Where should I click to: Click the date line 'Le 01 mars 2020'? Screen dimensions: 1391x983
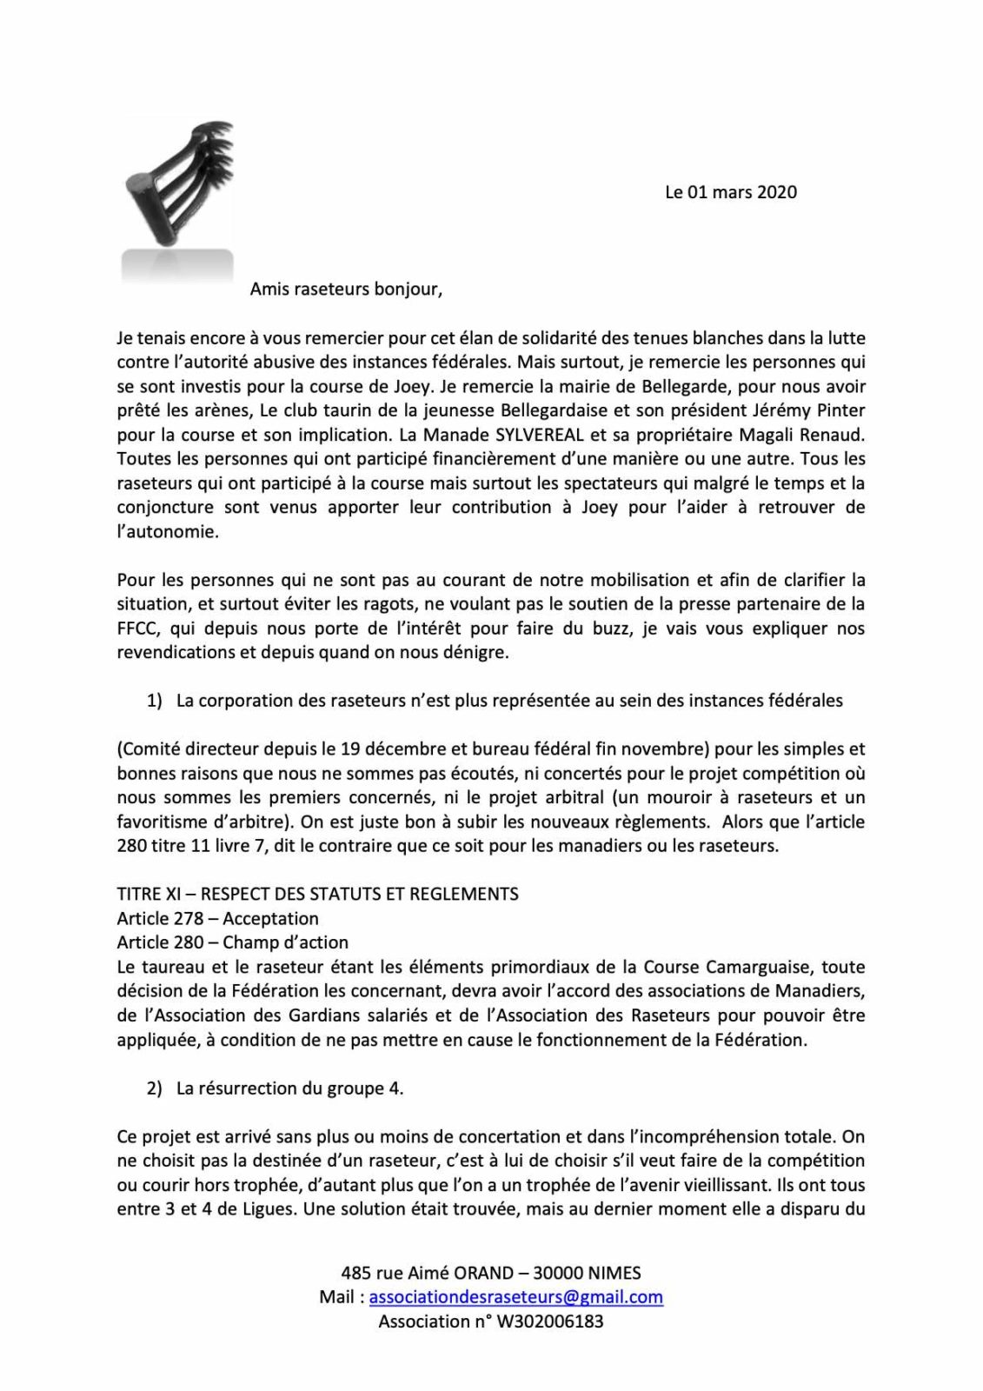(730, 192)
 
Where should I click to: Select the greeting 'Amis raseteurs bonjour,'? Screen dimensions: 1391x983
(346, 290)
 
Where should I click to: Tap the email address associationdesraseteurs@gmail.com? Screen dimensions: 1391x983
(516, 1297)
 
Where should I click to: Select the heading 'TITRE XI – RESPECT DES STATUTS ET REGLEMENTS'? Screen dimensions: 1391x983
(317, 894)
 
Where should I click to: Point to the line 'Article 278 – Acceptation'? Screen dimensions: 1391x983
(217, 918)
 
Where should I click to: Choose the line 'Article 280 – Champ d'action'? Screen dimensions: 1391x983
(232, 942)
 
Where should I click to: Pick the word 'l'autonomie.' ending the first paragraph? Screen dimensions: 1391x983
(168, 531)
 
